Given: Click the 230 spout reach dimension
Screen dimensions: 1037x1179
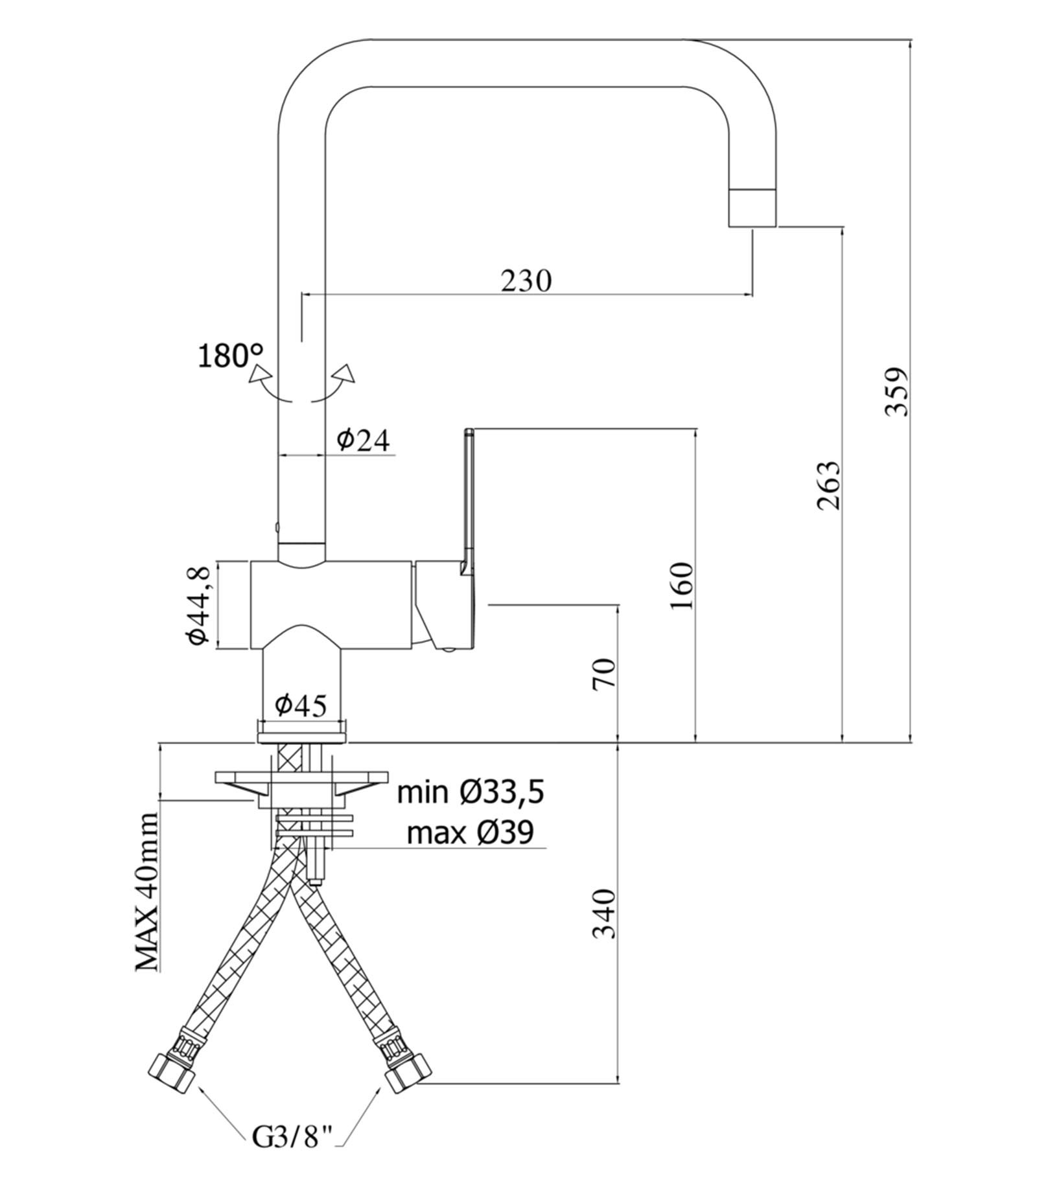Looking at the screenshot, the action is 526,280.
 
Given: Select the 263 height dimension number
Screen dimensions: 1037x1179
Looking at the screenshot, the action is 828,486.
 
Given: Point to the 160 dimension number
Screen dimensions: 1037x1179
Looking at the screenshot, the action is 681,586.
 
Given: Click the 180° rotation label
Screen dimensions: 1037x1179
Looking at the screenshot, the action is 231,356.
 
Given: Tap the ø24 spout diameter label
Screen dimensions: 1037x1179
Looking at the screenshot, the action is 364,441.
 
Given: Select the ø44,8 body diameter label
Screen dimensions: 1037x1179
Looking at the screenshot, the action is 198,605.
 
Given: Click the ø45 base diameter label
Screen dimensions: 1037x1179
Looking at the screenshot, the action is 301,705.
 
